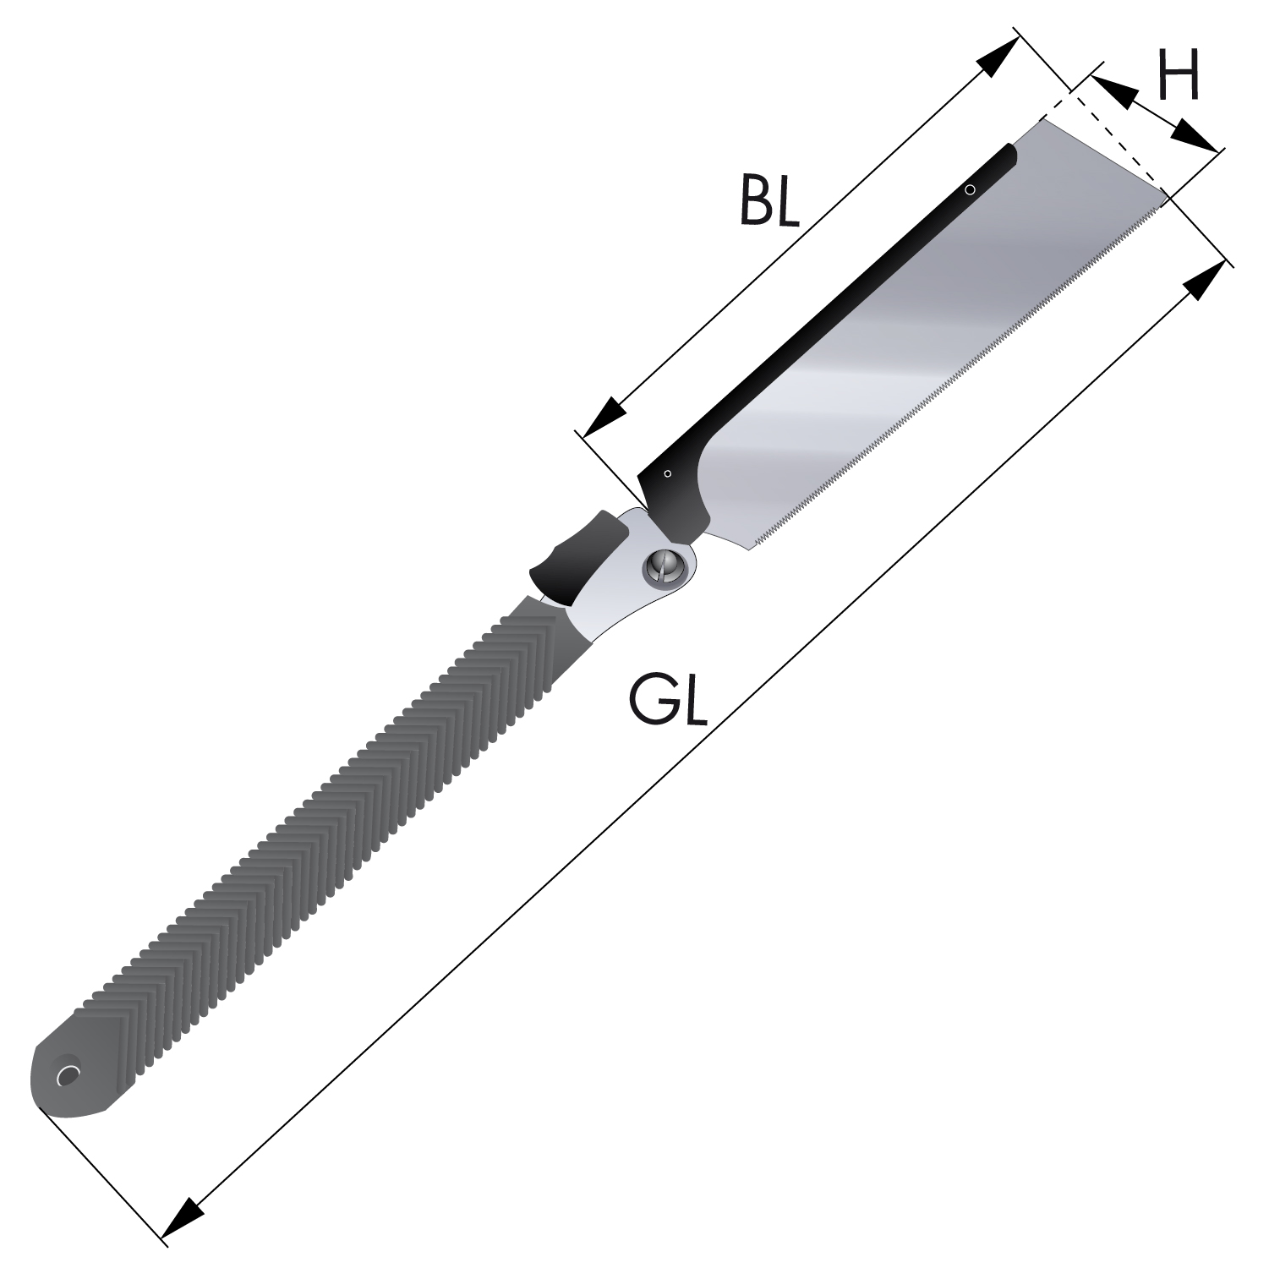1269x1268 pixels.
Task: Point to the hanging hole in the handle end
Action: click(67, 1075)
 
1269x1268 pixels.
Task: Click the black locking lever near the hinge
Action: click(578, 553)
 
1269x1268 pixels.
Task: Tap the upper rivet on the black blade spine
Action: click(971, 190)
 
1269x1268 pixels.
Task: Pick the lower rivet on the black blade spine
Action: click(668, 473)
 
